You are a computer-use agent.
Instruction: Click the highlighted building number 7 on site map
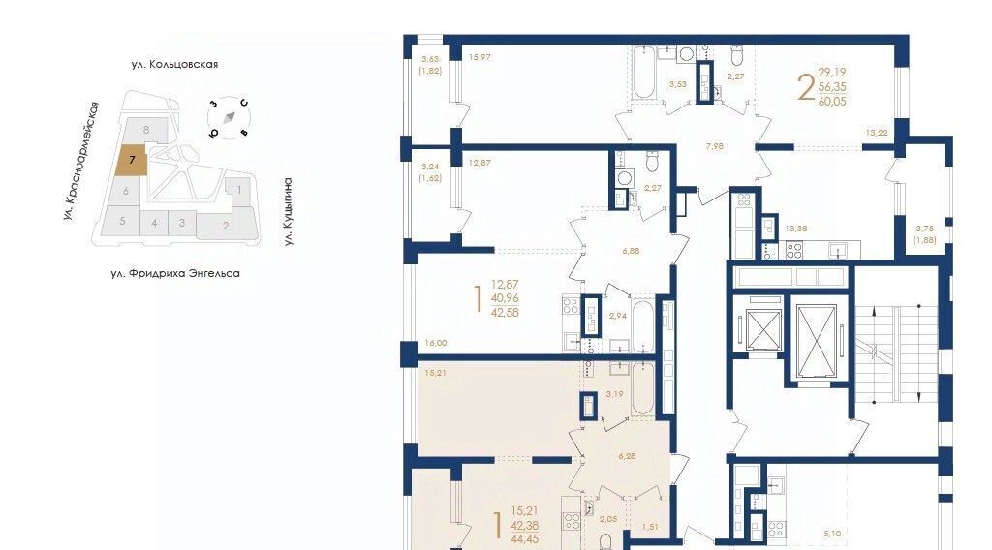point(132,160)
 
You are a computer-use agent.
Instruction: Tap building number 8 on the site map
point(146,130)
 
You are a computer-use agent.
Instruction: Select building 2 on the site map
point(226,225)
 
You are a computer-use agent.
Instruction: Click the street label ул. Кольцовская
point(174,64)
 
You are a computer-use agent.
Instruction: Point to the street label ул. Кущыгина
point(288,211)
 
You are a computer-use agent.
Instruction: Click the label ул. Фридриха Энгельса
point(175,273)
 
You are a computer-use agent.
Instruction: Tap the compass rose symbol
point(229,117)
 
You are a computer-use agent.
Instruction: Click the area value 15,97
point(480,57)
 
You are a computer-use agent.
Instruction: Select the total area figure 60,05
point(832,101)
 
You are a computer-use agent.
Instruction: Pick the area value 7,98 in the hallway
point(715,146)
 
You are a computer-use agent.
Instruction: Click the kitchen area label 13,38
point(796,229)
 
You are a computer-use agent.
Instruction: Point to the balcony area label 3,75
point(924,229)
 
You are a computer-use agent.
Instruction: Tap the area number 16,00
point(436,343)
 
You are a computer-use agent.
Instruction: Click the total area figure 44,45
point(525,538)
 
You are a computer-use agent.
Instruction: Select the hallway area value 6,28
point(627,455)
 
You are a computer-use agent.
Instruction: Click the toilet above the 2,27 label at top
point(736,54)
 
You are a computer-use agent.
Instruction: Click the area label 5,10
point(832,534)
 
